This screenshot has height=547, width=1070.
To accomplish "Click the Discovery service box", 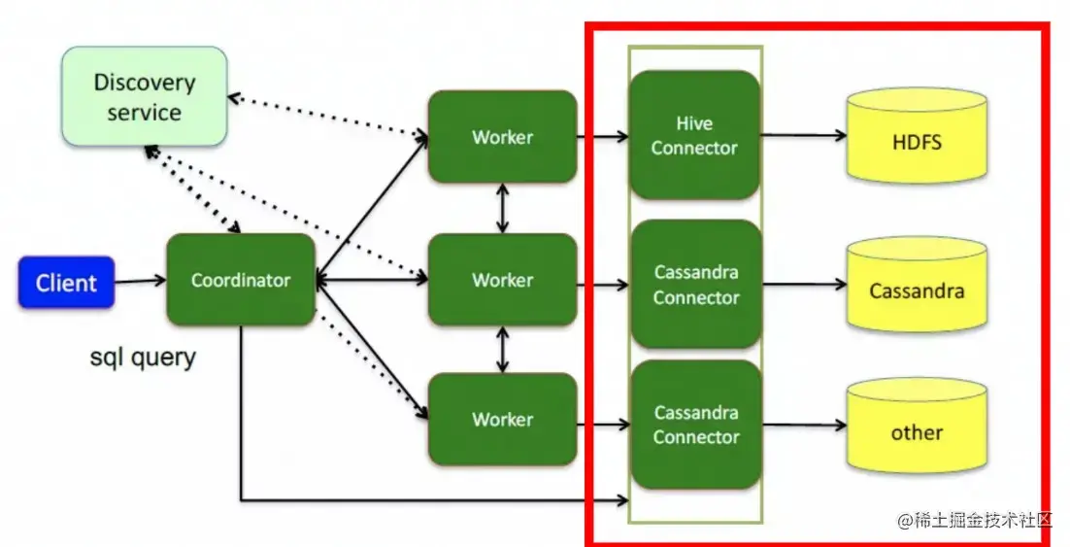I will [145, 97].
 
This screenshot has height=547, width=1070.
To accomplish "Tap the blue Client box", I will [66, 283].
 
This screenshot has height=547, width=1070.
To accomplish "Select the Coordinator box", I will [241, 280].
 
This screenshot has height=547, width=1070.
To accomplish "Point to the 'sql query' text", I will [143, 358].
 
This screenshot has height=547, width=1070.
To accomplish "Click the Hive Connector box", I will [694, 135].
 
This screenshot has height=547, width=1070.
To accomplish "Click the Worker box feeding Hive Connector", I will [502, 137].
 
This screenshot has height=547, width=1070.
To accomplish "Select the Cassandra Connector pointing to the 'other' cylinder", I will [695, 425].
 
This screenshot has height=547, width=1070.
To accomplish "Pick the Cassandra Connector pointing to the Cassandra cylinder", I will [695, 285].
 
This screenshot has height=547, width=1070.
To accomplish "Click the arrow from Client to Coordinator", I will [140, 282].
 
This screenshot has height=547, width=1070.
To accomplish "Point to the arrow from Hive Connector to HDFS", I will [803, 136].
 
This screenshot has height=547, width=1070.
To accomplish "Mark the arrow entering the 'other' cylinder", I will [803, 426].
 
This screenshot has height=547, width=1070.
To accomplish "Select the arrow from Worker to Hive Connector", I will [603, 137].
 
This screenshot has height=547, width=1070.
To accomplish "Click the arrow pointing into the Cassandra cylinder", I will [803, 285].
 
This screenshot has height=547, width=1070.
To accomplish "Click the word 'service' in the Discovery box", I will [144, 112].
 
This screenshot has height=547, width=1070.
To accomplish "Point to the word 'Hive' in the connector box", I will [694, 123].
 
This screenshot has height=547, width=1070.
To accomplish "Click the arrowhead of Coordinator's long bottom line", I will [622, 500].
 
